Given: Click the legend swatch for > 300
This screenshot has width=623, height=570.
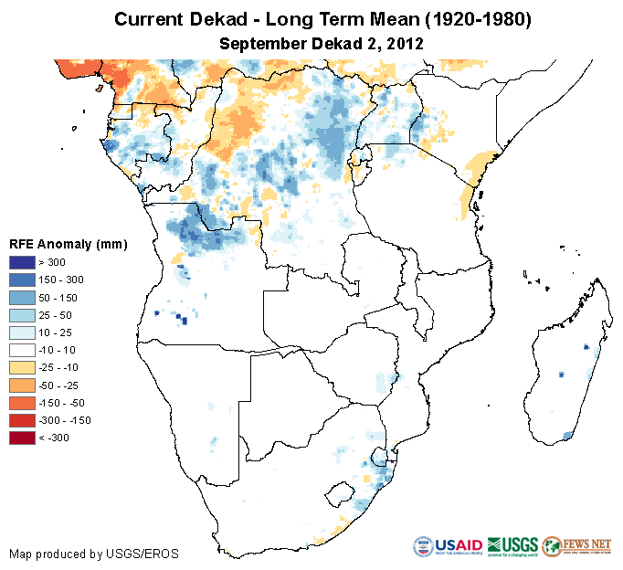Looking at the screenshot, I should tap(23, 263).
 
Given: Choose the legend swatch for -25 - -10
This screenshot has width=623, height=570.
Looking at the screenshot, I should tap(23, 365).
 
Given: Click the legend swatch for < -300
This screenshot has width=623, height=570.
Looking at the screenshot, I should tap(23, 438).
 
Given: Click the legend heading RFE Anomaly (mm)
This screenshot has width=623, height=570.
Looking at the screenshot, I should tap(68, 245).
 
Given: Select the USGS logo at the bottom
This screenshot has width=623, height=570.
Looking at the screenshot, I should tap(512, 546).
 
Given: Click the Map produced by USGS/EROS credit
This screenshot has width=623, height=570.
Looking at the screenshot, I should tap(94, 554).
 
